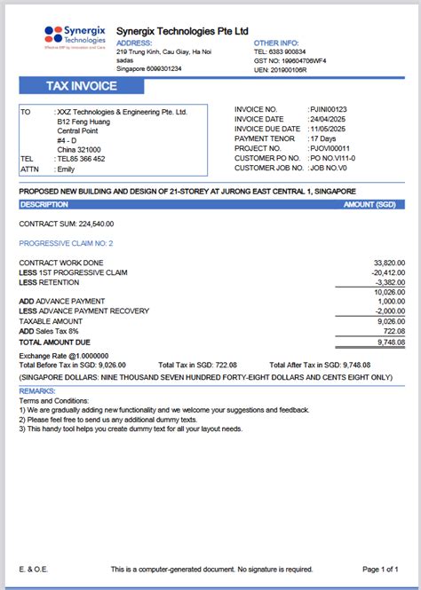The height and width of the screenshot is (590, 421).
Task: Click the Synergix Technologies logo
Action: tap(75, 36)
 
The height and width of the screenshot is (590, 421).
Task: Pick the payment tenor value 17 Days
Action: tap(324, 138)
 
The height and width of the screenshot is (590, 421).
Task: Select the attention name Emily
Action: tap(66, 169)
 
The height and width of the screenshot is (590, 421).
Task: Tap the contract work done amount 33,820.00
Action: tap(389, 264)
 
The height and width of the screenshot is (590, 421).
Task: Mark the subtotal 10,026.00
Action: tap(389, 292)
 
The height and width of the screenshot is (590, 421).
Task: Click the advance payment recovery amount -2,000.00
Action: tap(389, 311)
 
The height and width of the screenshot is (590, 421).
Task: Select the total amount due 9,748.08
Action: tap(390, 342)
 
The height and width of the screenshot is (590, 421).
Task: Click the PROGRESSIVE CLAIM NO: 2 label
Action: tap(66, 243)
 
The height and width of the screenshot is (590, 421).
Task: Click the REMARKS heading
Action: tap(37, 391)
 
